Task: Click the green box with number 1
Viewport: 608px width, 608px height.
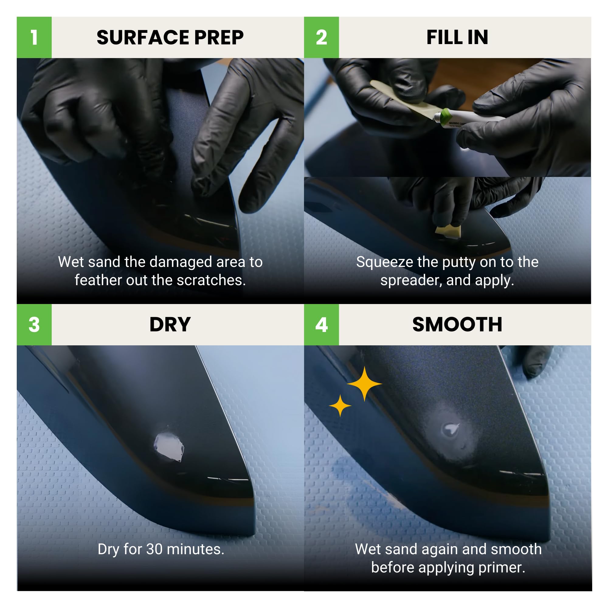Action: click(34, 37)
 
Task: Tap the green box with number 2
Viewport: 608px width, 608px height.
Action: click(321, 37)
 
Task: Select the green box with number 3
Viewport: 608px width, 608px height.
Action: click(34, 324)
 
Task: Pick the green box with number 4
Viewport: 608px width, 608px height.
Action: click(321, 324)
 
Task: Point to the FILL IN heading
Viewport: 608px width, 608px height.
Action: click(457, 37)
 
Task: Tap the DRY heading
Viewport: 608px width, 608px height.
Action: click(170, 324)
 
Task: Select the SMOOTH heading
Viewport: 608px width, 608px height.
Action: click(457, 324)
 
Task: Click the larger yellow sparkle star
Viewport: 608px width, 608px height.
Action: click(364, 384)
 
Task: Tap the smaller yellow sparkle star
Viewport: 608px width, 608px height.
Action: click(340, 406)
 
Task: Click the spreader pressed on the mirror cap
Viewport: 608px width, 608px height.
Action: click(448, 231)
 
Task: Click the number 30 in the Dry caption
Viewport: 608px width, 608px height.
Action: click(154, 549)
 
